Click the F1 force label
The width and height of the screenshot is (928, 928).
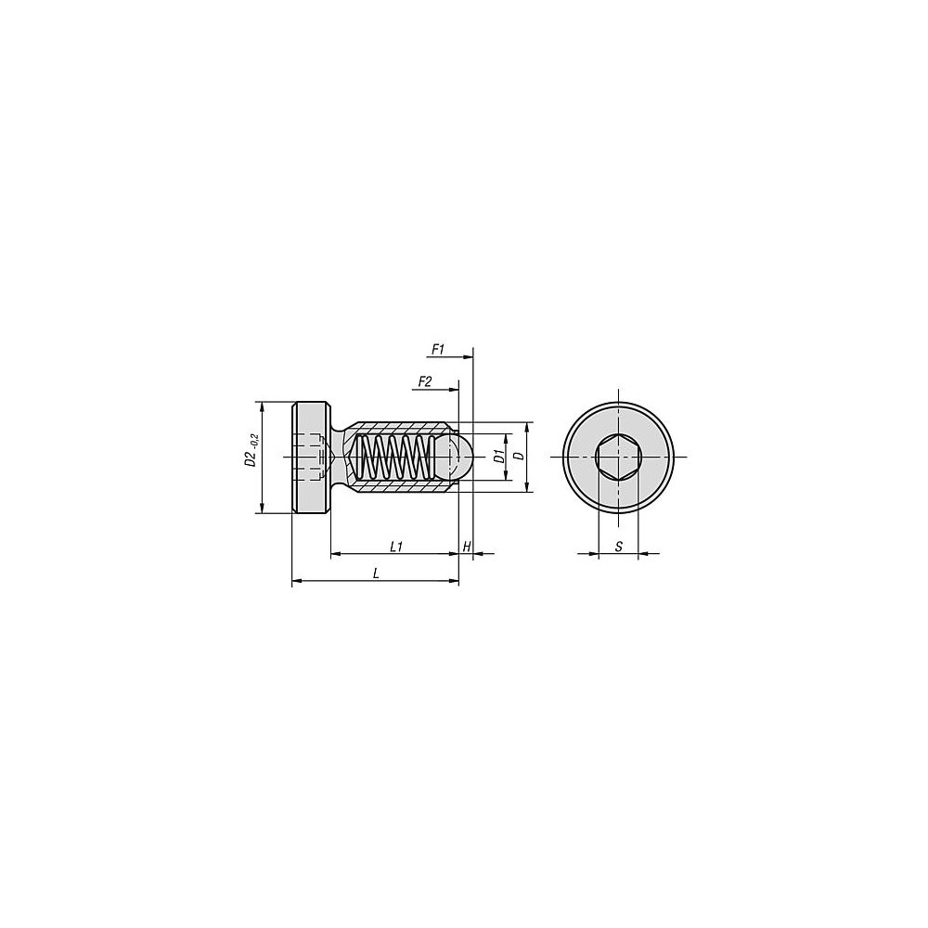click(x=437, y=350)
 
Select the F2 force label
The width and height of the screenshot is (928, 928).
click(x=424, y=381)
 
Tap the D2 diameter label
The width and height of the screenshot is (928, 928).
click(x=251, y=458)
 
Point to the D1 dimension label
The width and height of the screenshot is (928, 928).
click(x=498, y=457)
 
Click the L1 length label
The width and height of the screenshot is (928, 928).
click(x=396, y=547)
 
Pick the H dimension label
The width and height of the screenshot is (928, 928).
click(x=467, y=547)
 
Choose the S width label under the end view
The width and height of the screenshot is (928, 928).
click(x=618, y=547)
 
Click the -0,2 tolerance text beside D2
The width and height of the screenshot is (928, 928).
click(x=255, y=439)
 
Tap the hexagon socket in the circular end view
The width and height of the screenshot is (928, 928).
click(x=618, y=457)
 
